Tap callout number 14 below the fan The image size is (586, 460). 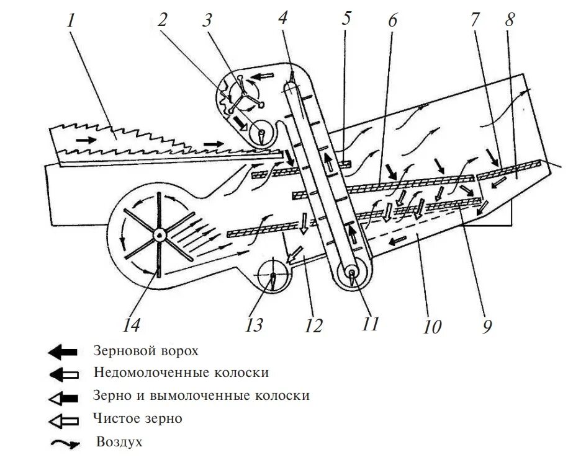tap(132, 324)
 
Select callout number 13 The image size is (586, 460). tap(254, 324)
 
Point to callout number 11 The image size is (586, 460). tap(370, 322)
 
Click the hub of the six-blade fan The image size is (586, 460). tap(160, 234)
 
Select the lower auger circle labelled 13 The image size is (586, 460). tap(273, 273)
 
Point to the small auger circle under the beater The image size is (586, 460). tap(260, 132)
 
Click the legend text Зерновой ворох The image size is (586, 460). tap(146, 352)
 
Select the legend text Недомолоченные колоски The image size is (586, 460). tap(181, 373)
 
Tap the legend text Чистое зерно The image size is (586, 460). tap(138, 418)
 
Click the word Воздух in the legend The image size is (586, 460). tap(120, 442)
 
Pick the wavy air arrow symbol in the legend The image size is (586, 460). tap(64, 444)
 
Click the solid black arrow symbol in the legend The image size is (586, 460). tap(63, 352)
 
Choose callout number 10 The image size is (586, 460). tap(431, 325)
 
